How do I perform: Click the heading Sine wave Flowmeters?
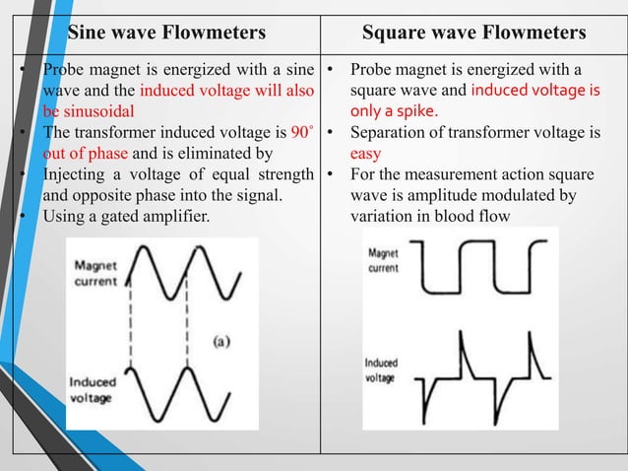pyautogui.click(x=166, y=34)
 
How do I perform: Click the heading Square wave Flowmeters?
pyautogui.click(x=474, y=34)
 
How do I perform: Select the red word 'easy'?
pyautogui.click(x=366, y=154)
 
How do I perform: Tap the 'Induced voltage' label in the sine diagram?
pyautogui.click(x=90, y=389)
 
